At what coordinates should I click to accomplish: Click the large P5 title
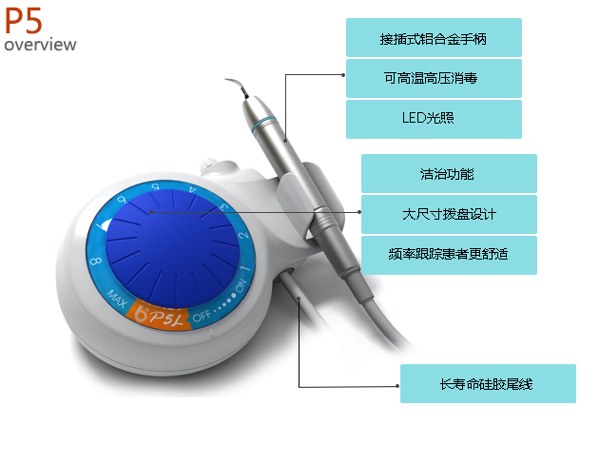coord(24,21)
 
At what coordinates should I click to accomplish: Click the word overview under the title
coord(40,45)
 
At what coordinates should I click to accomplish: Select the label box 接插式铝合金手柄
coord(434,37)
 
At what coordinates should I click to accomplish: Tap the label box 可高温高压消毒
coord(434,78)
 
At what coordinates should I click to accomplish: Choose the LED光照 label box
coord(434,119)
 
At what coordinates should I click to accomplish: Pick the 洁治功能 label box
coord(449,173)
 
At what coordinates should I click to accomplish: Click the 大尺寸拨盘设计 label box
coord(449,214)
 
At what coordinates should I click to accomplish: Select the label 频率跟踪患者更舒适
coord(449,255)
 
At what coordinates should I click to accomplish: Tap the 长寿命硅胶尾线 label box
coord(488,383)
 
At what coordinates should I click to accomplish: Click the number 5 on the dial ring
coord(155,186)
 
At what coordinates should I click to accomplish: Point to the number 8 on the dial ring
coord(96,261)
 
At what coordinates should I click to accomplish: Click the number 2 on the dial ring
coord(243,235)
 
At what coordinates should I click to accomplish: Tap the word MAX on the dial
coord(117,299)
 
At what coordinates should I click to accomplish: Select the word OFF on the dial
coord(202,316)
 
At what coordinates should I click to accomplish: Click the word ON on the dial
coord(242,285)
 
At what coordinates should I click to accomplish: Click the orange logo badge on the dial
coord(159,316)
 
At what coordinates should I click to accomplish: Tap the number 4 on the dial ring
coord(193,189)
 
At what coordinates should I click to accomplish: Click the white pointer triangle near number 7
coord(105,224)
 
